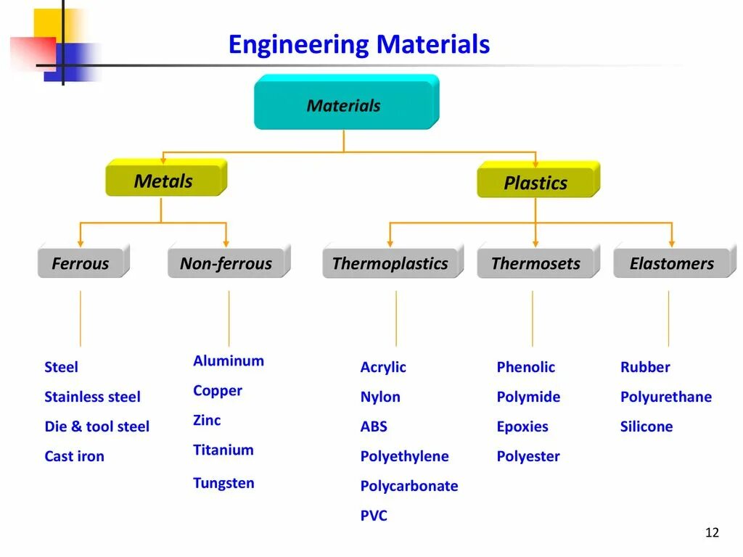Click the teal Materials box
coord(345,106)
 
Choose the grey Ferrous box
coord(81,263)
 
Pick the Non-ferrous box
coord(226,263)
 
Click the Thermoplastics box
coord(390,263)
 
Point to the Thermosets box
coord(535,263)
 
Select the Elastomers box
coord(672,263)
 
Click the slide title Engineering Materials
coord(359,45)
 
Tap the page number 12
coord(712,533)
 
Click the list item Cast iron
coord(74,456)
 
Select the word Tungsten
coord(223,483)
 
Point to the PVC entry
coord(374,516)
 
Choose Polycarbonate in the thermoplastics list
coord(409,486)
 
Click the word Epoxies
coord(522,426)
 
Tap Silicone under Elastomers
coord(646,426)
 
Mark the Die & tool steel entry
coord(97,426)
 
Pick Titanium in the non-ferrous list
coord(223,450)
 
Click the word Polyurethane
coord(666,397)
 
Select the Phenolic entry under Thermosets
coord(525,367)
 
